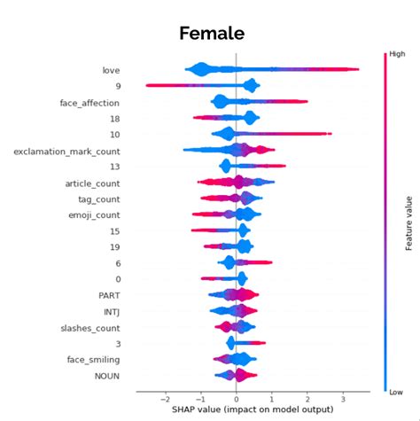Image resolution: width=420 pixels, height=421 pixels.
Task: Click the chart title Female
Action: pyautogui.click(x=211, y=34)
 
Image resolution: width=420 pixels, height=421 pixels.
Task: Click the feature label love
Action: pyautogui.click(x=112, y=70)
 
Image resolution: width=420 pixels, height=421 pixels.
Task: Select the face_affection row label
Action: pyautogui.click(x=90, y=103)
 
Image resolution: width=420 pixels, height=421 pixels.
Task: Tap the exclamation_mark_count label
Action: pyautogui.click(x=67, y=152)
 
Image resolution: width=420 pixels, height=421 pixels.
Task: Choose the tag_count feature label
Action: pyautogui.click(x=98, y=199)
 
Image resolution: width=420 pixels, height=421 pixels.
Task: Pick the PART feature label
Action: pyautogui.click(x=109, y=295)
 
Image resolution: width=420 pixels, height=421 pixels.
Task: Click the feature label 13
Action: pyautogui.click(x=115, y=168)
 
